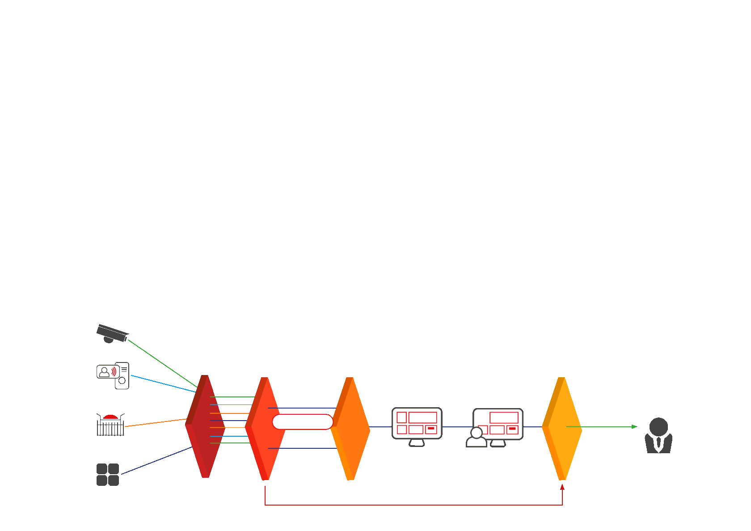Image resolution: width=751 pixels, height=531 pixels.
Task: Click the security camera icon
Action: coord(112,333)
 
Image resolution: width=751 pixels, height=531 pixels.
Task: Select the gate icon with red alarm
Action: coord(110,425)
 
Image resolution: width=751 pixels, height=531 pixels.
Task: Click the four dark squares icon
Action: coord(108,474)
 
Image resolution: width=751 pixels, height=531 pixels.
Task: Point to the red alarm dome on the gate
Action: coord(110,417)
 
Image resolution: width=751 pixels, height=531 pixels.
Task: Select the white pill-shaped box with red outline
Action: coord(303,422)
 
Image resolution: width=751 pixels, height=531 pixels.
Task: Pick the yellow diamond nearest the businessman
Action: coord(562,428)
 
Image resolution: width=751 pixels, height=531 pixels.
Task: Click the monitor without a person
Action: coord(417,425)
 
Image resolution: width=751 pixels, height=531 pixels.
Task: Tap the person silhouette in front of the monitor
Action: coord(477,438)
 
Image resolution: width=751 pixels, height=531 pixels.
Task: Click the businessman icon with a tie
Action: coord(658,436)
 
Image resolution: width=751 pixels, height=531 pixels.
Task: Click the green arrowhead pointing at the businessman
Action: coord(634,427)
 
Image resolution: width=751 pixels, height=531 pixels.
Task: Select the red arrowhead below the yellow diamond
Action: coord(562,487)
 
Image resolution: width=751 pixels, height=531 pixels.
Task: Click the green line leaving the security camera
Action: coord(161,362)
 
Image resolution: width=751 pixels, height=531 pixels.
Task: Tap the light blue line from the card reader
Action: coord(163,384)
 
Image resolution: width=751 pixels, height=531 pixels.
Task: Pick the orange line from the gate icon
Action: coord(156,423)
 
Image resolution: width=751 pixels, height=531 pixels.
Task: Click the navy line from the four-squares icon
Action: coord(156,460)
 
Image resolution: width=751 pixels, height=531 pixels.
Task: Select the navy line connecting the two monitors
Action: coord(457,427)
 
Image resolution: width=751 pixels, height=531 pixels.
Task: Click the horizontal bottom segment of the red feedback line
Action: coord(413,505)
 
